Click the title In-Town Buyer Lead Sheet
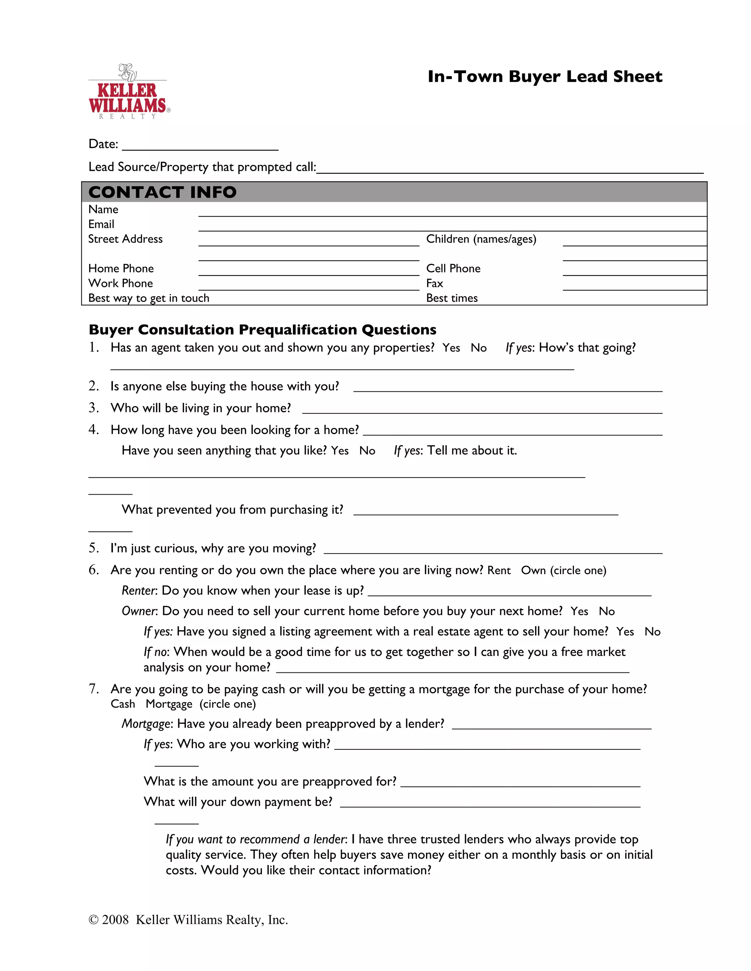(x=545, y=77)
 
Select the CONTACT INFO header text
(x=162, y=192)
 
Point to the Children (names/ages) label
(x=481, y=239)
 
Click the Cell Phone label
(x=453, y=269)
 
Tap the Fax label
(x=434, y=283)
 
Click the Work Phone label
(x=120, y=283)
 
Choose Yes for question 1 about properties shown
(x=451, y=348)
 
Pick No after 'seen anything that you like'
(x=367, y=451)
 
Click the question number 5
(x=93, y=548)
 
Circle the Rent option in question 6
(x=499, y=571)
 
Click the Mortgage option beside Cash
(x=169, y=704)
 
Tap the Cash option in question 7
(x=122, y=704)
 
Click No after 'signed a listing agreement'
(x=652, y=632)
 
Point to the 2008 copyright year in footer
(x=115, y=920)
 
